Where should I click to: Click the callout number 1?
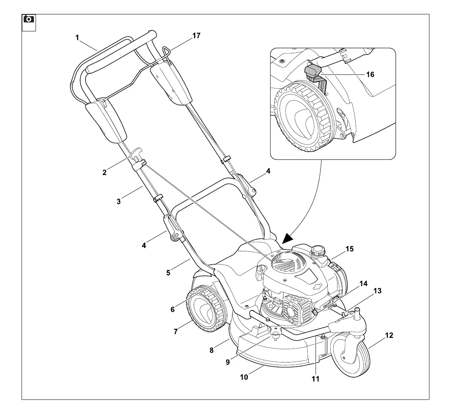(77, 37)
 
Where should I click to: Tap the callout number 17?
(196, 36)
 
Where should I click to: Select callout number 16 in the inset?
(370, 74)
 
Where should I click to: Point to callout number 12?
(389, 335)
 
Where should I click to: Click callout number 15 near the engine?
(349, 249)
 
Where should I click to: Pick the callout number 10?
(244, 377)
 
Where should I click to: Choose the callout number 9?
(228, 362)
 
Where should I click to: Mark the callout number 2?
(104, 173)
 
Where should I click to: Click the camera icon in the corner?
(29, 19)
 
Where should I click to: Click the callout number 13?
(377, 291)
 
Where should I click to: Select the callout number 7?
(176, 331)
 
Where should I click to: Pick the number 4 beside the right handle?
(268, 171)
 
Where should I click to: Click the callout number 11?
(316, 378)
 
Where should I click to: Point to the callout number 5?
(168, 272)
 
